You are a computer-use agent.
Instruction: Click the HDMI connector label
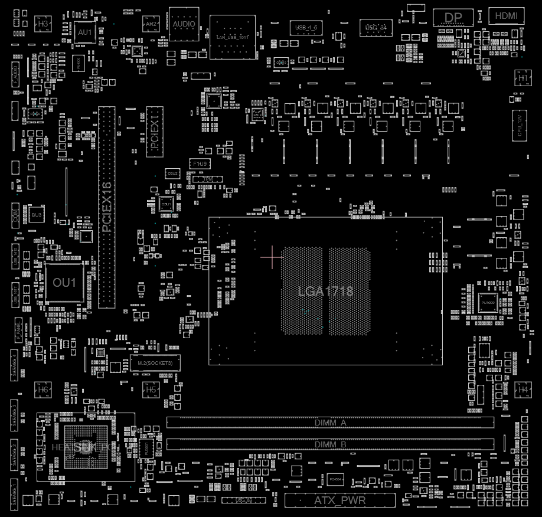click(506, 16)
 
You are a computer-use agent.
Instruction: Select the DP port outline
click(453, 17)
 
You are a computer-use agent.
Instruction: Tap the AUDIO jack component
click(184, 23)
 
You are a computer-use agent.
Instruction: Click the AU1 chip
click(85, 32)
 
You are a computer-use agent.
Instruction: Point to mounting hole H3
click(43, 24)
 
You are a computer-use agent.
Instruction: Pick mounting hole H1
click(523, 78)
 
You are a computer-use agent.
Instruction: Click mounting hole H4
click(523, 390)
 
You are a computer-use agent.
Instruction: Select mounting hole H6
click(43, 390)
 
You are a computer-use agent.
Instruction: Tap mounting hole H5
click(151, 390)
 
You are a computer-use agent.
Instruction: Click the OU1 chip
click(64, 283)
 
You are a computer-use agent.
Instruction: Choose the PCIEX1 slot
click(155, 132)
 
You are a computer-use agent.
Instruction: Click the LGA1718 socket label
click(325, 291)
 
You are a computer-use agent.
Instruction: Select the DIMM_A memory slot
click(330, 423)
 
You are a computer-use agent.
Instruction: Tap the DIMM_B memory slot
click(330, 444)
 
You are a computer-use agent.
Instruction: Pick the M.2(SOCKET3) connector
click(155, 362)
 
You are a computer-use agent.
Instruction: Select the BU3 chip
click(37, 215)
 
